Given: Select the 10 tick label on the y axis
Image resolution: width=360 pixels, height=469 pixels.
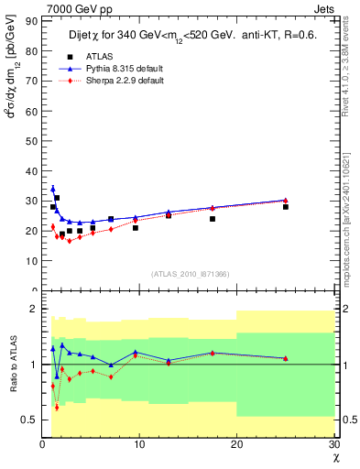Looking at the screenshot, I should click(x=31, y=260).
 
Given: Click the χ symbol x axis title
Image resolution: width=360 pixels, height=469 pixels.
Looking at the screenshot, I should click(x=334, y=457).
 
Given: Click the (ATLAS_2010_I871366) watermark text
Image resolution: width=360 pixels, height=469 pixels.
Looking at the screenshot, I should click(x=189, y=274).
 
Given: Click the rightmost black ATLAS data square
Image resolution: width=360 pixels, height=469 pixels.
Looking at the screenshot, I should click(x=286, y=206).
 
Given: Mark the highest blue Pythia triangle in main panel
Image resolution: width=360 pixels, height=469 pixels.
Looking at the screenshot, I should click(x=52, y=189).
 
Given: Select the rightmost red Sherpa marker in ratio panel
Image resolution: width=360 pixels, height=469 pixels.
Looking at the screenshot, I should click(x=286, y=359).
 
